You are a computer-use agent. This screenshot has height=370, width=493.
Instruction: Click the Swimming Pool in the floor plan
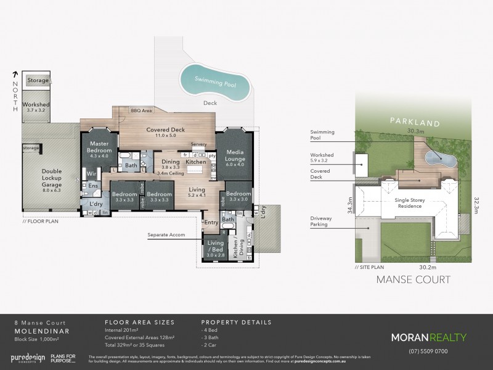point(215,81)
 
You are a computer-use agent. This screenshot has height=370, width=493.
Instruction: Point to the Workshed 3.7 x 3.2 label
point(36,108)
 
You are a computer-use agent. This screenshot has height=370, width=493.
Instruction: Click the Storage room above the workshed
point(37,80)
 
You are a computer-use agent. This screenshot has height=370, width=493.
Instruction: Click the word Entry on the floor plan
point(211,222)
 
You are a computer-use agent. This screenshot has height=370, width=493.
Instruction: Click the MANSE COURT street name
point(413,279)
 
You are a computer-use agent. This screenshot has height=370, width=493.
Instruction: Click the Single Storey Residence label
point(405,203)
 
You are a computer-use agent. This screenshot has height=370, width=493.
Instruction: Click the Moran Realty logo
point(430,337)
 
